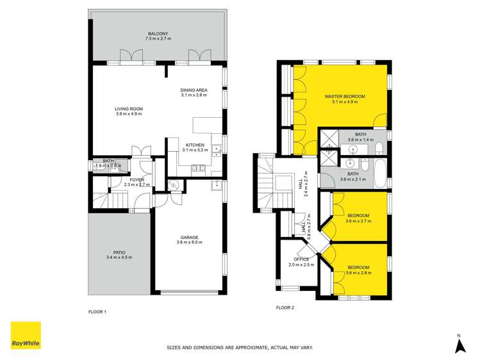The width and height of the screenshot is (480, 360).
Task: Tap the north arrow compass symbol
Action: (459, 345)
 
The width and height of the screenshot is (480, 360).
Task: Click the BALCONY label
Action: (158, 33)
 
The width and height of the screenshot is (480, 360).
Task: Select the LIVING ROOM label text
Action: (129, 109)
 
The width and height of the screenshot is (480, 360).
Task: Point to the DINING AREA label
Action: (194, 90)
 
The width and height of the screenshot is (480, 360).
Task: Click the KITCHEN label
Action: (195, 145)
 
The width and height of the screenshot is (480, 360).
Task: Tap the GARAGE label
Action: (189, 237)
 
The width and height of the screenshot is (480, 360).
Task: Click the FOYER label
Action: (137, 180)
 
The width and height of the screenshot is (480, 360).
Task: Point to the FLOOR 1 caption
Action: (97, 312)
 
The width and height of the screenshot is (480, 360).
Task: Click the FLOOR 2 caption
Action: (285, 307)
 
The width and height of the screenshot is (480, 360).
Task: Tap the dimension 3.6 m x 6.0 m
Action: (189, 243)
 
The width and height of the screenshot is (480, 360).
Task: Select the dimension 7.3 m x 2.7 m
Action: (158, 39)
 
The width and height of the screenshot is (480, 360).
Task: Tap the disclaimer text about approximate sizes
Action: (240, 348)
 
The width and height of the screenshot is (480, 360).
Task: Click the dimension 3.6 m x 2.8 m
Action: (358, 273)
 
